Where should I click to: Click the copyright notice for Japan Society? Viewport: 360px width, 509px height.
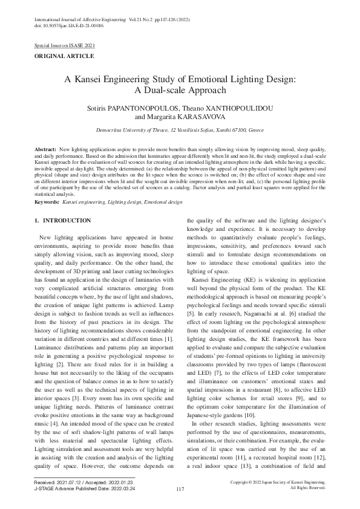coord(279,482)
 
